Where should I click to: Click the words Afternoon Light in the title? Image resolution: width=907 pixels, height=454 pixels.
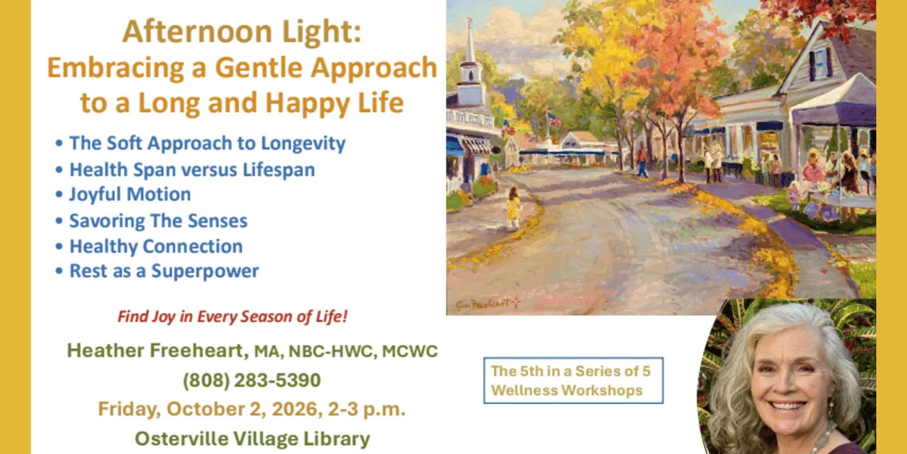tap(242, 32)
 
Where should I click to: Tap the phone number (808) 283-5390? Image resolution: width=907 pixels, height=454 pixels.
tap(252, 380)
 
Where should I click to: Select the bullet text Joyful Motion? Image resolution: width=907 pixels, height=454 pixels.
tap(130, 195)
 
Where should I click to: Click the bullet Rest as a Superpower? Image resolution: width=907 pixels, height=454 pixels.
tap(164, 271)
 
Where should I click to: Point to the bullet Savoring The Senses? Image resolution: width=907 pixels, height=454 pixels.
tap(158, 221)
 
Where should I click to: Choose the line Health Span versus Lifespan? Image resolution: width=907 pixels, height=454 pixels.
tap(192, 170)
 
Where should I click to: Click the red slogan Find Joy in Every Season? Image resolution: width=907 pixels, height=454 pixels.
tap(233, 316)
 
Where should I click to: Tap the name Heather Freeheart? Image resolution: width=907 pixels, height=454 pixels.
tap(157, 350)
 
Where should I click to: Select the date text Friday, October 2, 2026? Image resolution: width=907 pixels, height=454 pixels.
tap(210, 409)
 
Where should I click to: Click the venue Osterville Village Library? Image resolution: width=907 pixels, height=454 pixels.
tap(252, 439)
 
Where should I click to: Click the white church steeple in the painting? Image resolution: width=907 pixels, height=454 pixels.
tap(471, 64)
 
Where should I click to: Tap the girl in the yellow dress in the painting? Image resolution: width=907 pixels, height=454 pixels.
tap(513, 207)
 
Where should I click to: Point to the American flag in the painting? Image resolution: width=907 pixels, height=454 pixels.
tap(554, 119)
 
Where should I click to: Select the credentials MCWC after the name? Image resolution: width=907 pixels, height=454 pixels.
tap(410, 351)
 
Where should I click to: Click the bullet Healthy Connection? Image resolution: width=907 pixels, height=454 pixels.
tap(156, 247)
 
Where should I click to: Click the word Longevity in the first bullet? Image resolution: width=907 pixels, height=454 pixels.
tap(303, 144)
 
